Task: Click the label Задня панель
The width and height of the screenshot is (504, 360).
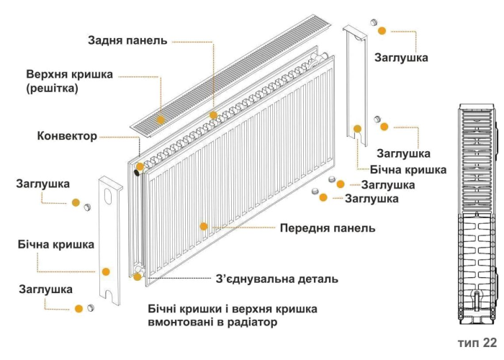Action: point(127,40)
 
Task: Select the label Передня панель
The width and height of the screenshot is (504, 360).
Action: point(327,228)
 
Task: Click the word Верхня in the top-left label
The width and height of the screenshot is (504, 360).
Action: point(48,74)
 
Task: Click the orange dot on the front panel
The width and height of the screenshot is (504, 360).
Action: point(204,226)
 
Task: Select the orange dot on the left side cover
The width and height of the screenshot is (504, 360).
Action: point(105,271)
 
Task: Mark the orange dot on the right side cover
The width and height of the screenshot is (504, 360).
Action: point(356,130)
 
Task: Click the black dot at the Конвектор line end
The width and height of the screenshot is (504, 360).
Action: point(138,168)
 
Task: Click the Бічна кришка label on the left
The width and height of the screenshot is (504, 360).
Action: point(56,245)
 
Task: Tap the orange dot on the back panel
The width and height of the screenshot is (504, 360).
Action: point(213,115)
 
